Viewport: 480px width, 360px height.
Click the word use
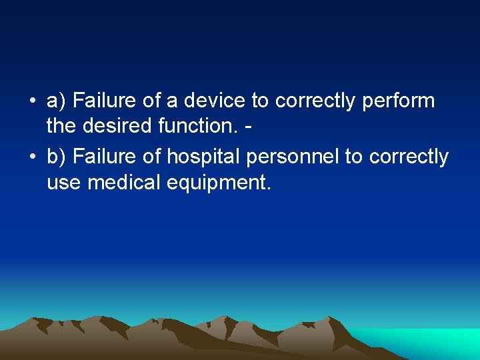tap(63, 181)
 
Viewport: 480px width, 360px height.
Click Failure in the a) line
tap(102, 101)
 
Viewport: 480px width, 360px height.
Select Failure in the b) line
tap(102, 157)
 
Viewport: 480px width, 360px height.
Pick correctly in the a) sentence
tap(314, 102)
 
